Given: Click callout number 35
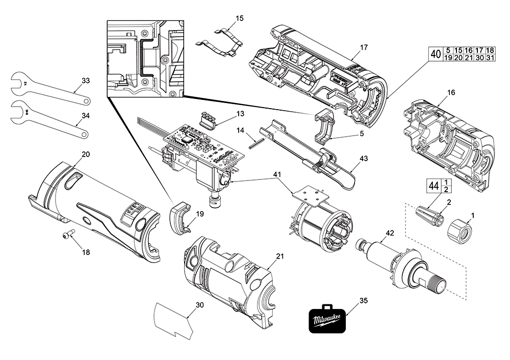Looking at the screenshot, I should (363, 300).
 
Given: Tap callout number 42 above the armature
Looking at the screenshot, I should (390, 233).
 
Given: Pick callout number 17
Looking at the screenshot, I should (364, 47).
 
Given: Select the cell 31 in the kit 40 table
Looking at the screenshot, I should (490, 58).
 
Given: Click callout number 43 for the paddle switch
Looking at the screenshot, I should (363, 159).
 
